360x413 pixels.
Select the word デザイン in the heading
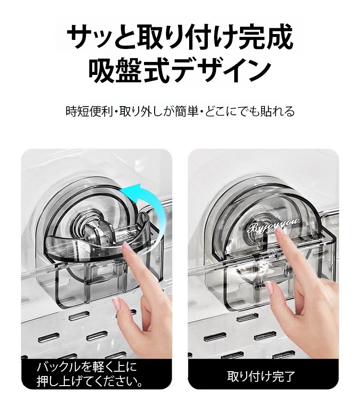pyautogui.click(x=220, y=71)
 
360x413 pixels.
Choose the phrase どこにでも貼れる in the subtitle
pyautogui.click(x=250, y=111)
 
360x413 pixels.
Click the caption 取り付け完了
pyautogui.click(x=261, y=377)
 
